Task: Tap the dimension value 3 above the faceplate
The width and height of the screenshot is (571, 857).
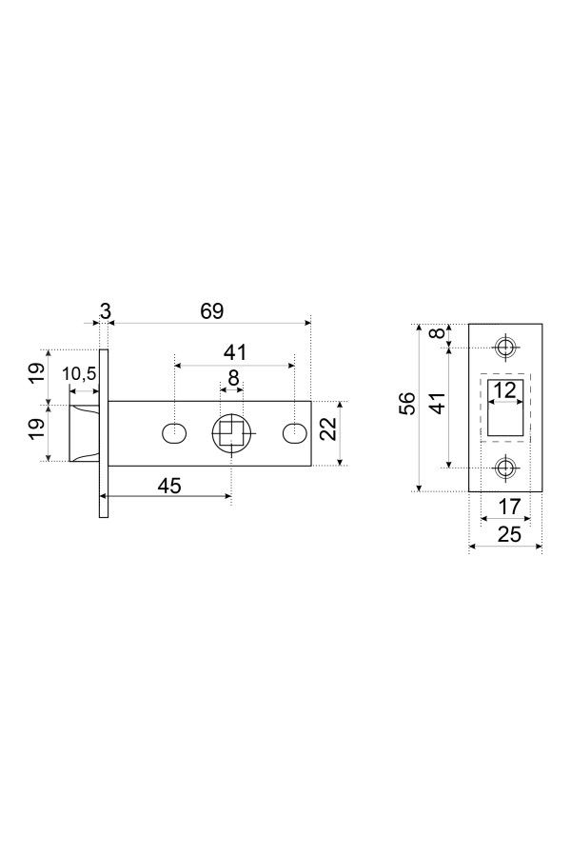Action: point(105,311)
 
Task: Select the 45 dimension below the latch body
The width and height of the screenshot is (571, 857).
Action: point(168,485)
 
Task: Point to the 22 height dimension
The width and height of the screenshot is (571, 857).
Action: point(329,429)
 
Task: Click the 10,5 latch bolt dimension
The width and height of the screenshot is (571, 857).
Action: point(80,374)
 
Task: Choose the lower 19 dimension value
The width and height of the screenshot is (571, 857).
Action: point(36,429)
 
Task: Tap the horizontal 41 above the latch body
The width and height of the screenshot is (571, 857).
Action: point(234,352)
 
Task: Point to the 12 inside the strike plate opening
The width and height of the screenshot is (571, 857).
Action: point(505,389)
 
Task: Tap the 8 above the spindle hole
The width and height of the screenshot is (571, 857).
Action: point(231,376)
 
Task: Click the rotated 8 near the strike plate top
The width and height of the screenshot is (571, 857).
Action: point(437,335)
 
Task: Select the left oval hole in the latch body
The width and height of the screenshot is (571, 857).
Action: point(174,433)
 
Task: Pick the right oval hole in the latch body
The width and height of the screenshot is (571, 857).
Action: point(294,433)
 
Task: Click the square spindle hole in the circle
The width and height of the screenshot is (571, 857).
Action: point(229,434)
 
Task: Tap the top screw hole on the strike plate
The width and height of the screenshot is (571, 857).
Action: point(505,346)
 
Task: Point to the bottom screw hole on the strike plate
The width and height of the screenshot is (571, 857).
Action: point(505,468)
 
